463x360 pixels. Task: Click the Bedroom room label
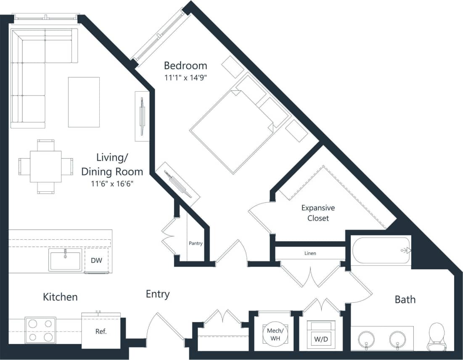point(185,66)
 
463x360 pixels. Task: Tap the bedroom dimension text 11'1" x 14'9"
point(185,77)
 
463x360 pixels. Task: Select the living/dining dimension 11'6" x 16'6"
point(112,184)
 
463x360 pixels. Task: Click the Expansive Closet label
point(318,213)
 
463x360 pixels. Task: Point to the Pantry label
point(196,244)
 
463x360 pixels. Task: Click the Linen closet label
point(310,253)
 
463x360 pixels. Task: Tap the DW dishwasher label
point(96,260)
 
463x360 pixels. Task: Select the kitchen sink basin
point(66,260)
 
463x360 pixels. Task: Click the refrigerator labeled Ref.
point(101,331)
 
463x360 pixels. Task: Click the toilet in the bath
point(437,336)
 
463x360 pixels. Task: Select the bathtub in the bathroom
point(381,251)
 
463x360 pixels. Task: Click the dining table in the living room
point(46,166)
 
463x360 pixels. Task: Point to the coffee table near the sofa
point(84,102)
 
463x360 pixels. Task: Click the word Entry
point(158,294)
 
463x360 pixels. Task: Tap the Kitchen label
point(60,297)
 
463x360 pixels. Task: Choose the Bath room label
point(405,299)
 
